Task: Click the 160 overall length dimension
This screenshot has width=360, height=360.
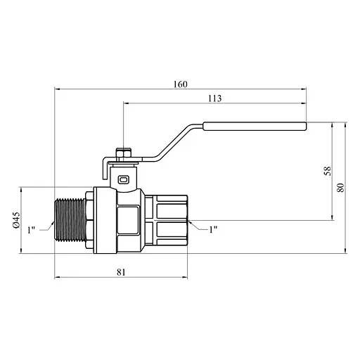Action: coord(181,84)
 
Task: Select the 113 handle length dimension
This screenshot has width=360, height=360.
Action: coord(215,98)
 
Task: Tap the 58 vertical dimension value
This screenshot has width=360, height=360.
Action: coord(328,171)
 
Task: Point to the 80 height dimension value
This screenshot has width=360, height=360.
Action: coord(340,188)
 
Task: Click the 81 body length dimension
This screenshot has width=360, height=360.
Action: coord(121,272)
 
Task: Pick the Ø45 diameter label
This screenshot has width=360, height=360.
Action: coord(16,220)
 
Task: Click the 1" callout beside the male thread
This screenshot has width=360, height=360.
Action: coord(31,230)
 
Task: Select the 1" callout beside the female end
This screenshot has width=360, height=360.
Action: coord(213,229)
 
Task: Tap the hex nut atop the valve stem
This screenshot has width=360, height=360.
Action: coord(124,153)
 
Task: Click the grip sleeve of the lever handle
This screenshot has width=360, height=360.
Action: coord(255,126)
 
